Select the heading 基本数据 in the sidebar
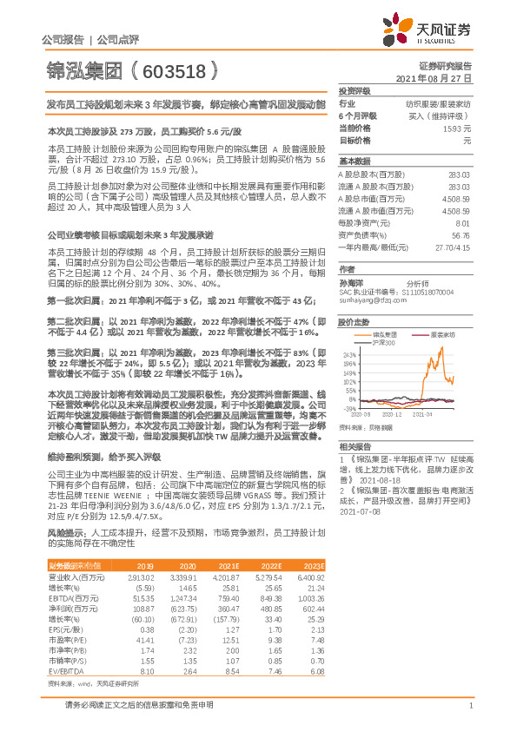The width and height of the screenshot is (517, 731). (x=354, y=161)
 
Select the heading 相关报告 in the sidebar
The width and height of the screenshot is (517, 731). (x=354, y=445)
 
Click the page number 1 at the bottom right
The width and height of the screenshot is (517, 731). (x=469, y=706)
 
